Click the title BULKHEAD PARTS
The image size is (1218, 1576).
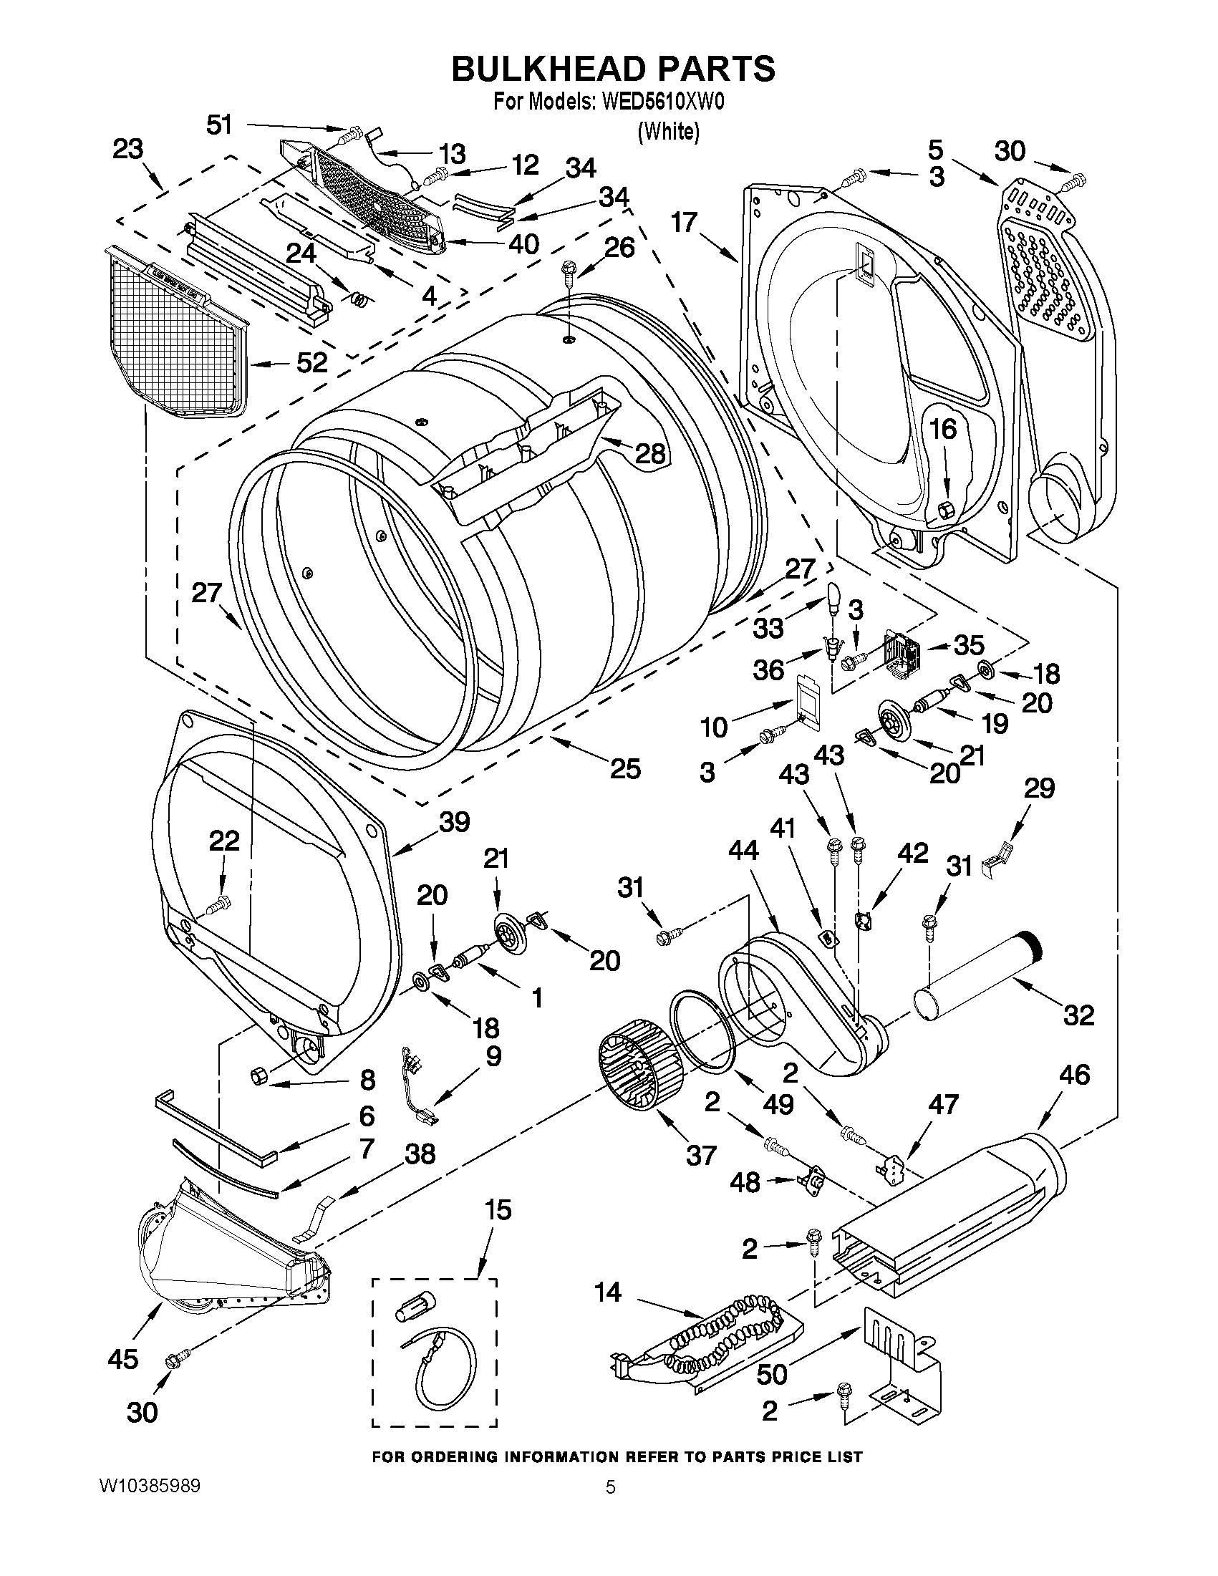coord(613,69)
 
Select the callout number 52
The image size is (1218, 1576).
coord(312,362)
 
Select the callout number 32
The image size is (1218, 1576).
coord(1079,1015)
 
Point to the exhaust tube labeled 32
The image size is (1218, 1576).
coord(977,981)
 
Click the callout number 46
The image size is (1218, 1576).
coord(1073,1096)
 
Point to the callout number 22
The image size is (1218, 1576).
coord(223,841)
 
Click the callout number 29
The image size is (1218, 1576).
coord(1039,788)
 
